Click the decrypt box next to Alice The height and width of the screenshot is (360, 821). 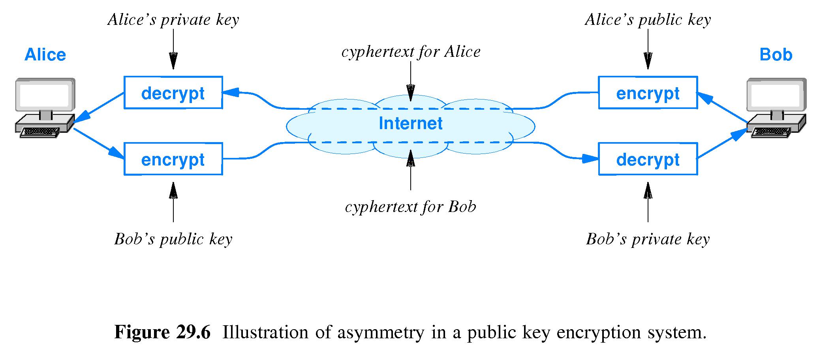pos(173,93)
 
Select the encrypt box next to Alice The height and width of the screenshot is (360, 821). pos(173,159)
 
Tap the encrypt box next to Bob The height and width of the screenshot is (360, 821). pos(648,93)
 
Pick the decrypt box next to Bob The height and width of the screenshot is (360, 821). pos(648,159)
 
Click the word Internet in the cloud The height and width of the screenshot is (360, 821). pos(410,124)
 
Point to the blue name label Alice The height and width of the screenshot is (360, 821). pos(45,54)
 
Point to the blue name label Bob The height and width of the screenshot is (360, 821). pos(776,54)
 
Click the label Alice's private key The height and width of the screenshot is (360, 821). pos(173,20)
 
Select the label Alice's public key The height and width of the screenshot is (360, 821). pos(648,20)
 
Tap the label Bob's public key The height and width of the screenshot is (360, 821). pos(173,239)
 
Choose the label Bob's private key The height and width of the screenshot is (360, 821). pos(648,239)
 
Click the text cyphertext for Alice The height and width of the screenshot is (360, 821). pos(411,52)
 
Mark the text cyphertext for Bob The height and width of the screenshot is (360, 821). pos(411,207)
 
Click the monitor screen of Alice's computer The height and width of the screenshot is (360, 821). pos(44,95)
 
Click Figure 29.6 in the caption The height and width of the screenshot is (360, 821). pos(162,332)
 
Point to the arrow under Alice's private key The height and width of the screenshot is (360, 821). pos(173,49)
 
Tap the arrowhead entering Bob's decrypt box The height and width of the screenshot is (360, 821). pos(591,159)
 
